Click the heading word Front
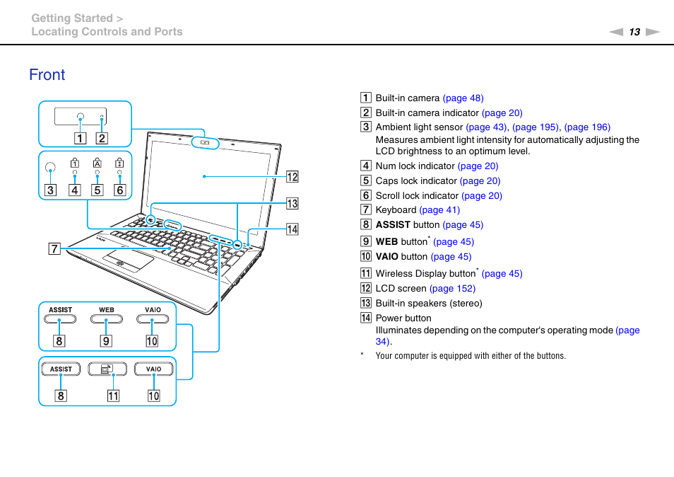point(47,75)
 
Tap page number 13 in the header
point(634,32)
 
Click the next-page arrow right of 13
point(652,32)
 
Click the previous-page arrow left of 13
point(617,32)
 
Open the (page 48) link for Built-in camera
point(463,98)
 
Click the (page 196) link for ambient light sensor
point(587,127)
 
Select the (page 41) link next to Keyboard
point(439,210)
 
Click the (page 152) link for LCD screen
point(452,289)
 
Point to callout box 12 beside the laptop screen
point(292,176)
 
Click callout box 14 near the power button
point(292,229)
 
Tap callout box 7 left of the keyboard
point(54,248)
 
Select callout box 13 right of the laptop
point(292,204)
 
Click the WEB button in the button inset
point(106,319)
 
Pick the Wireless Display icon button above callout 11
point(107,369)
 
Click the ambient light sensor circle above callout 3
point(50,168)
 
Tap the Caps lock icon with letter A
point(97,162)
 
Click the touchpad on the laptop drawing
point(129,260)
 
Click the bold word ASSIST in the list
point(393,225)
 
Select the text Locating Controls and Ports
point(107,32)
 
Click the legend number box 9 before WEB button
point(366,241)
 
